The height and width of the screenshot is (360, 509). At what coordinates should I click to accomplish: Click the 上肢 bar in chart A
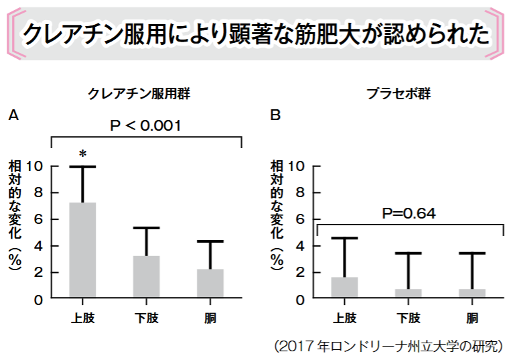(x=83, y=251)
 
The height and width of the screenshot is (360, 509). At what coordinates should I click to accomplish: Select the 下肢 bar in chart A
(x=147, y=277)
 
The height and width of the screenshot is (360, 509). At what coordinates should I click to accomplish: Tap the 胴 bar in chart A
(x=210, y=284)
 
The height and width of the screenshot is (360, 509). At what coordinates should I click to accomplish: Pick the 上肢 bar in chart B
(x=344, y=288)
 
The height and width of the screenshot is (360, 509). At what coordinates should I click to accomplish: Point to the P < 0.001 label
(x=146, y=125)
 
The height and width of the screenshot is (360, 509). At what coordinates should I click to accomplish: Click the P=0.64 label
(x=409, y=214)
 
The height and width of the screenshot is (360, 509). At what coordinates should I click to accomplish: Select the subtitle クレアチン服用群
(x=139, y=94)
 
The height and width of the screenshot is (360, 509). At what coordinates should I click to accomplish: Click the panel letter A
(x=13, y=115)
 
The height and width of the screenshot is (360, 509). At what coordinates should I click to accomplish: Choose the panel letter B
(x=275, y=115)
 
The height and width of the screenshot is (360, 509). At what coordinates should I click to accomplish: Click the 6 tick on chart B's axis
(x=300, y=219)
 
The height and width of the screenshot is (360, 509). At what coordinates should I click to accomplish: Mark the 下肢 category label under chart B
(x=408, y=318)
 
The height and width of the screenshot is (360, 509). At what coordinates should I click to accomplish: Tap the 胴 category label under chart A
(x=210, y=318)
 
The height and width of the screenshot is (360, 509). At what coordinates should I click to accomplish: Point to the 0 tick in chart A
(x=39, y=299)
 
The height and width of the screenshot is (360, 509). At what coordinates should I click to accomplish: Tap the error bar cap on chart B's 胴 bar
(x=471, y=253)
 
